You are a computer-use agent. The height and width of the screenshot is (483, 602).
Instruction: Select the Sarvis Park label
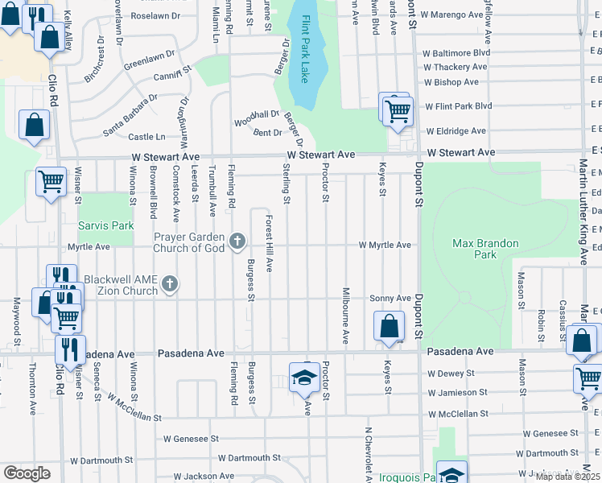105,226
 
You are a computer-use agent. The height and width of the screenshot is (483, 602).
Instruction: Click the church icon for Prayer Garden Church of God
237,240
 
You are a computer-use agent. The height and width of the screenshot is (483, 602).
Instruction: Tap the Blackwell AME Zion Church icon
169,283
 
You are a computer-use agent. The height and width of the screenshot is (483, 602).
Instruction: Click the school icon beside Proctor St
303,377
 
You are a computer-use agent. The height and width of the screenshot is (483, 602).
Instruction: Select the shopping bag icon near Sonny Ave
389,326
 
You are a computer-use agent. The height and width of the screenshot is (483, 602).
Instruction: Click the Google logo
27,473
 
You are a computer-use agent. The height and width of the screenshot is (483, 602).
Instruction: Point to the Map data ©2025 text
567,477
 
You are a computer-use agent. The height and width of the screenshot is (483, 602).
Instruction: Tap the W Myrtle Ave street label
385,245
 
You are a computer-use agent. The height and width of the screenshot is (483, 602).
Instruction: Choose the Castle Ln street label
146,138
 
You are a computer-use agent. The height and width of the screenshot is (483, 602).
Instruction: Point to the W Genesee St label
192,439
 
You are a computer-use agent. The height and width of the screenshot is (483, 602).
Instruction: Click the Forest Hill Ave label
270,243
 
